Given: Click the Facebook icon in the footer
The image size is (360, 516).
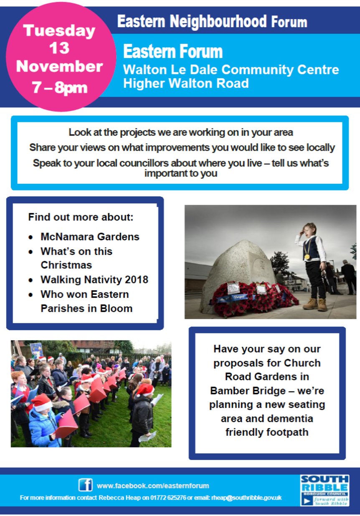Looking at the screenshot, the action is pos(86,485).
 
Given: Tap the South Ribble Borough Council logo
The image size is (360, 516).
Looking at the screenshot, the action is pos(325,490).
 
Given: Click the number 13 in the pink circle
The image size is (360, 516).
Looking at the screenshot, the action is pos(59,48).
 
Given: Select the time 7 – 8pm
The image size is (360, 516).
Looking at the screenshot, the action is pos(60,88).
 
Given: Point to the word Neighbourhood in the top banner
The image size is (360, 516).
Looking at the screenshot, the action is pos(218,22).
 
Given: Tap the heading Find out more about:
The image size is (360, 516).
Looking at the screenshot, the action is pos(81,217).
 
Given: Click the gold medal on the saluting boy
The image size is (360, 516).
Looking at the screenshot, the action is pos(307,257).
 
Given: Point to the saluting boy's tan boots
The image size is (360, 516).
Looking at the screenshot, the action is pos(315,304).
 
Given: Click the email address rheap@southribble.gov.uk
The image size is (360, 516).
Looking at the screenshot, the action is pos(246,498).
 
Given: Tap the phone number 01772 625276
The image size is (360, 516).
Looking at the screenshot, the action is pos(168,498).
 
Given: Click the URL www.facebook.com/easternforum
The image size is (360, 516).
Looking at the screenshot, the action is pos(153,486).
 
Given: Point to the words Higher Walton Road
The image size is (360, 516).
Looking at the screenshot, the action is pos(186,83).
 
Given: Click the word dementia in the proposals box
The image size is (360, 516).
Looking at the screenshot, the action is pos(288,418).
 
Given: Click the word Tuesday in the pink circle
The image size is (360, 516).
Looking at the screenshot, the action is pos(59,31).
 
